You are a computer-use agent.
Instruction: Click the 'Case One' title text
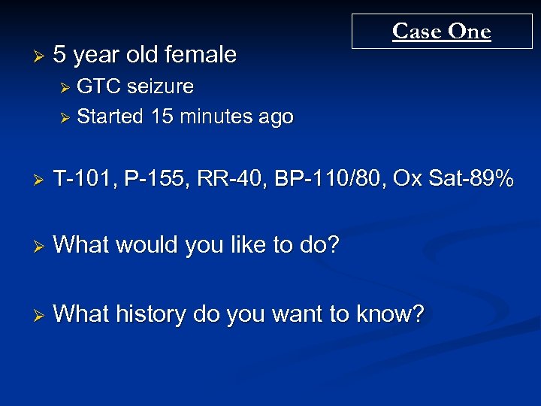tap(441, 31)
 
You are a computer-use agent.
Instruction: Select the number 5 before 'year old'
tap(60, 54)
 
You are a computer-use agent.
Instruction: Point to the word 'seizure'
tap(160, 87)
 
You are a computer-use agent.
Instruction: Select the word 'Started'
tap(110, 117)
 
